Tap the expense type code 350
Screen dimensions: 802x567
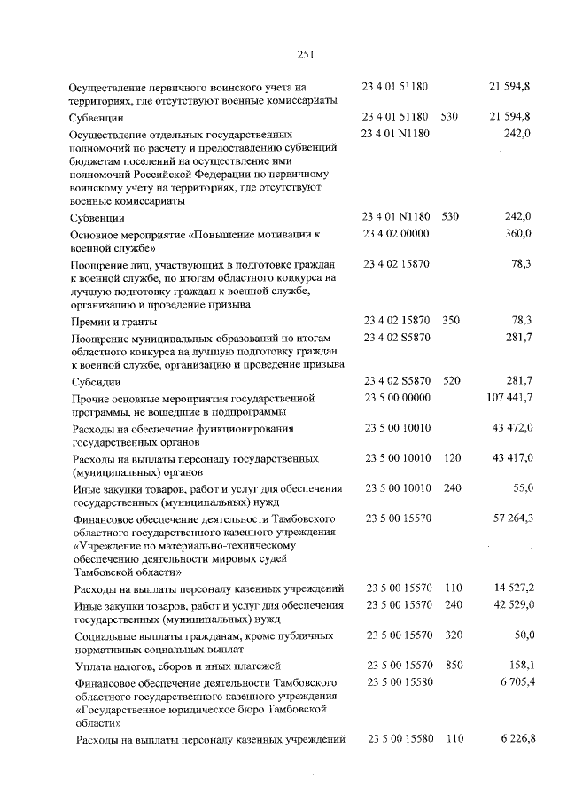point(450,320)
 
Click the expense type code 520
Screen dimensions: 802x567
point(450,381)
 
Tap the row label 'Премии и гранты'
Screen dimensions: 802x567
point(114,322)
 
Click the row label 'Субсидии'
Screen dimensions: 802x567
point(97,382)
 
